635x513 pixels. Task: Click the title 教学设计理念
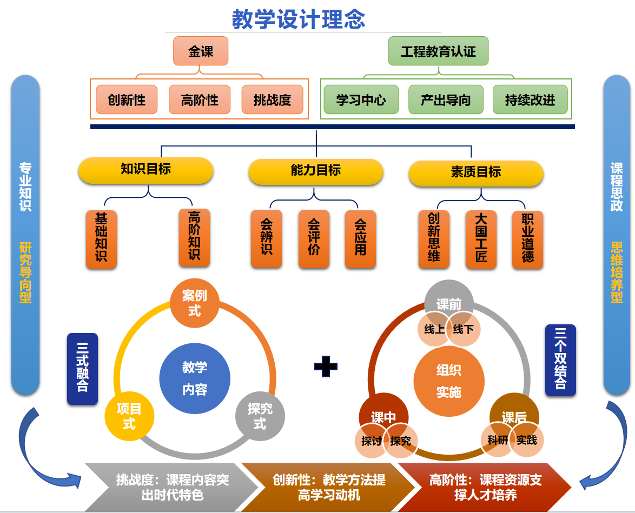coord(299,19)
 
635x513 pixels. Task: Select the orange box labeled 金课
coord(201,51)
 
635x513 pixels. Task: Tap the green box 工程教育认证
coord(438,51)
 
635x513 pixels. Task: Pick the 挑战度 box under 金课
coord(272,100)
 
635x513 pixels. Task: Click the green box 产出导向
coord(445,100)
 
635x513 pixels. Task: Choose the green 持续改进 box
coord(530,100)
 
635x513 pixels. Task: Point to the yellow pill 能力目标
coord(315,171)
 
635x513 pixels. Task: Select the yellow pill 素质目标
coord(475,172)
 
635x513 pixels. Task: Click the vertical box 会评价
coord(314,238)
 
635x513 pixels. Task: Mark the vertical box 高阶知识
coord(194,237)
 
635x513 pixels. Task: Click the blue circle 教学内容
coord(195,378)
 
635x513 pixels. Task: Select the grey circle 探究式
coord(260,416)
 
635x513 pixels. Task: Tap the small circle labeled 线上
coord(434,330)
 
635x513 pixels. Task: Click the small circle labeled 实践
coord(526,441)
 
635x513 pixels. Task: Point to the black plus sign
coord(326,367)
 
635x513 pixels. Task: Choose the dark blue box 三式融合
coord(82,369)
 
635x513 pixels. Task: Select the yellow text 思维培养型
coord(617,272)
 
